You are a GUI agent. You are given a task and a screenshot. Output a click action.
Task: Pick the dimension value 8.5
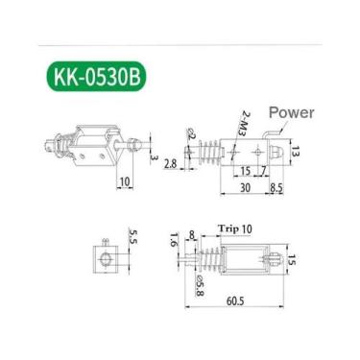[x=276, y=188]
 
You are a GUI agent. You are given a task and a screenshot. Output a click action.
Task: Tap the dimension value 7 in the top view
[x=261, y=171]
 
